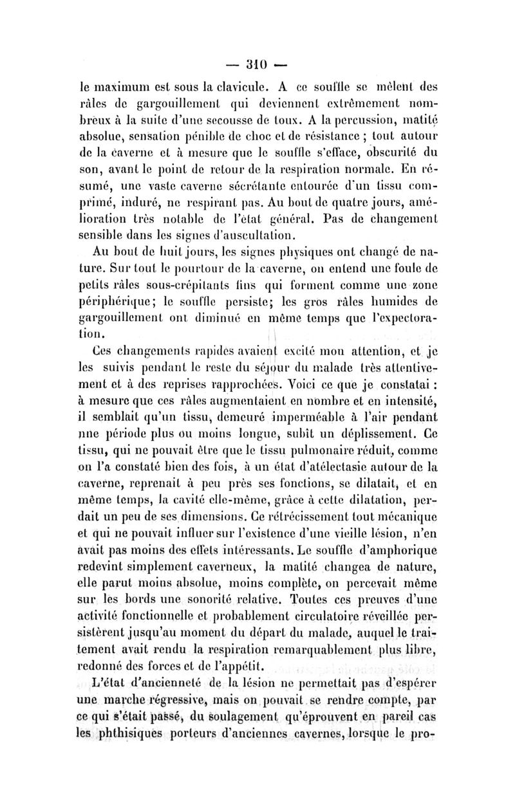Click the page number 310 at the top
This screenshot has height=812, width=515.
(257, 64)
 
